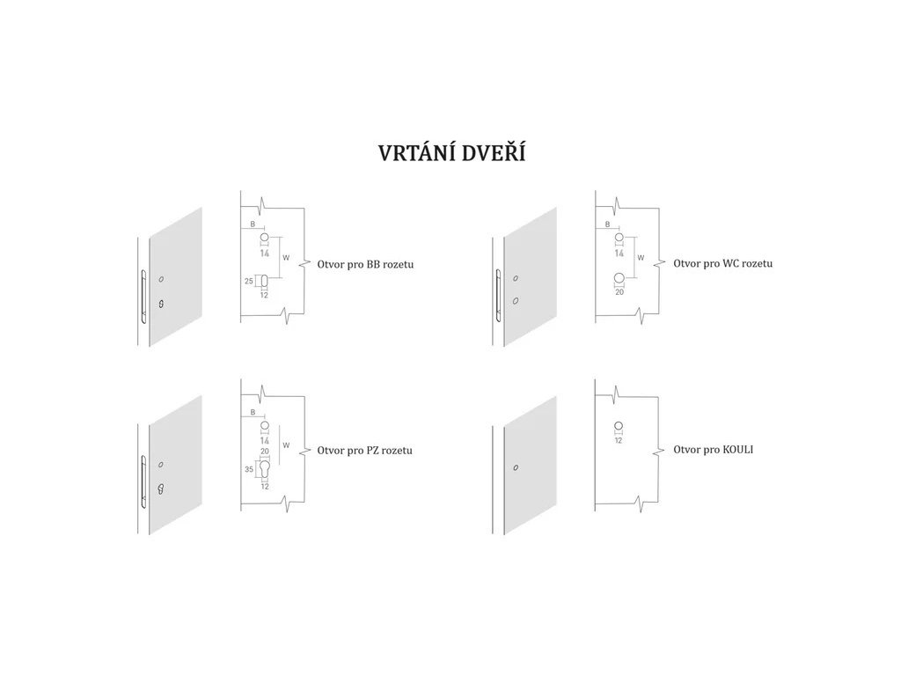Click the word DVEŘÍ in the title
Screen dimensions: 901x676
[487, 153]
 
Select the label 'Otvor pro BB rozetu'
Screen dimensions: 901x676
[370, 264]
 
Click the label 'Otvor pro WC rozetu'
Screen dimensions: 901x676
[723, 263]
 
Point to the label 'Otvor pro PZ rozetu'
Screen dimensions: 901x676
[365, 451]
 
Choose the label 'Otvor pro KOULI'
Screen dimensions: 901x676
[714, 449]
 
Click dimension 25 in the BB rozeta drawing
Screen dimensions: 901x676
[249, 282]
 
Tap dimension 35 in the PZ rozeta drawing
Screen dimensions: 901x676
[249, 470]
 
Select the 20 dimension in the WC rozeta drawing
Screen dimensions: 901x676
[619, 292]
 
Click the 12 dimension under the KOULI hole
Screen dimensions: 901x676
[619, 440]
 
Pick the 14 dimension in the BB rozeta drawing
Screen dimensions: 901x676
[264, 253]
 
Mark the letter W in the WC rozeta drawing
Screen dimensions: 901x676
[640, 258]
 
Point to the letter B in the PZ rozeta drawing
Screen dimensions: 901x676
[253, 412]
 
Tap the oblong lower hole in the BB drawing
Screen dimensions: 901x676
[264, 282]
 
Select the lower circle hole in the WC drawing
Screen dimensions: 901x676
[619, 280]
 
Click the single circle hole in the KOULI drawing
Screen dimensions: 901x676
[619, 427]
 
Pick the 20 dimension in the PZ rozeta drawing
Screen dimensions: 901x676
[264, 451]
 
